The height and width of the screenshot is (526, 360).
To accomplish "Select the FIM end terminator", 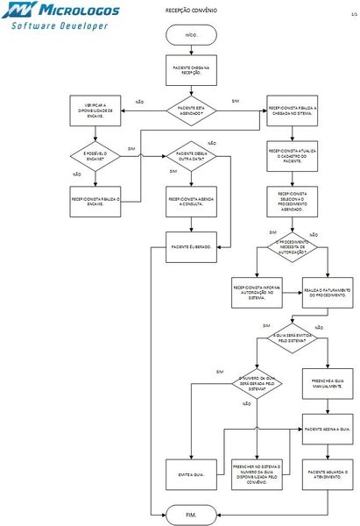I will pos(192,511).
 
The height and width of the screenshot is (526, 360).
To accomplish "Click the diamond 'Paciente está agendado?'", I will pos(192,110).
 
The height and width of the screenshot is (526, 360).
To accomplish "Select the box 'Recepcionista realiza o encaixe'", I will pos(94,200).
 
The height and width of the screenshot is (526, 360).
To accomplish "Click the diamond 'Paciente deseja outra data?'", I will pos(192,156).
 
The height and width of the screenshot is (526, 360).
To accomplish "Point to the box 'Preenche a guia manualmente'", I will pos(328,382).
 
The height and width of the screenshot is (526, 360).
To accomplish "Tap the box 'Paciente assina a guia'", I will pos(328,429).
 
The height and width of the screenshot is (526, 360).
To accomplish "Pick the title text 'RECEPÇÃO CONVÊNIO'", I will pos(192,11).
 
